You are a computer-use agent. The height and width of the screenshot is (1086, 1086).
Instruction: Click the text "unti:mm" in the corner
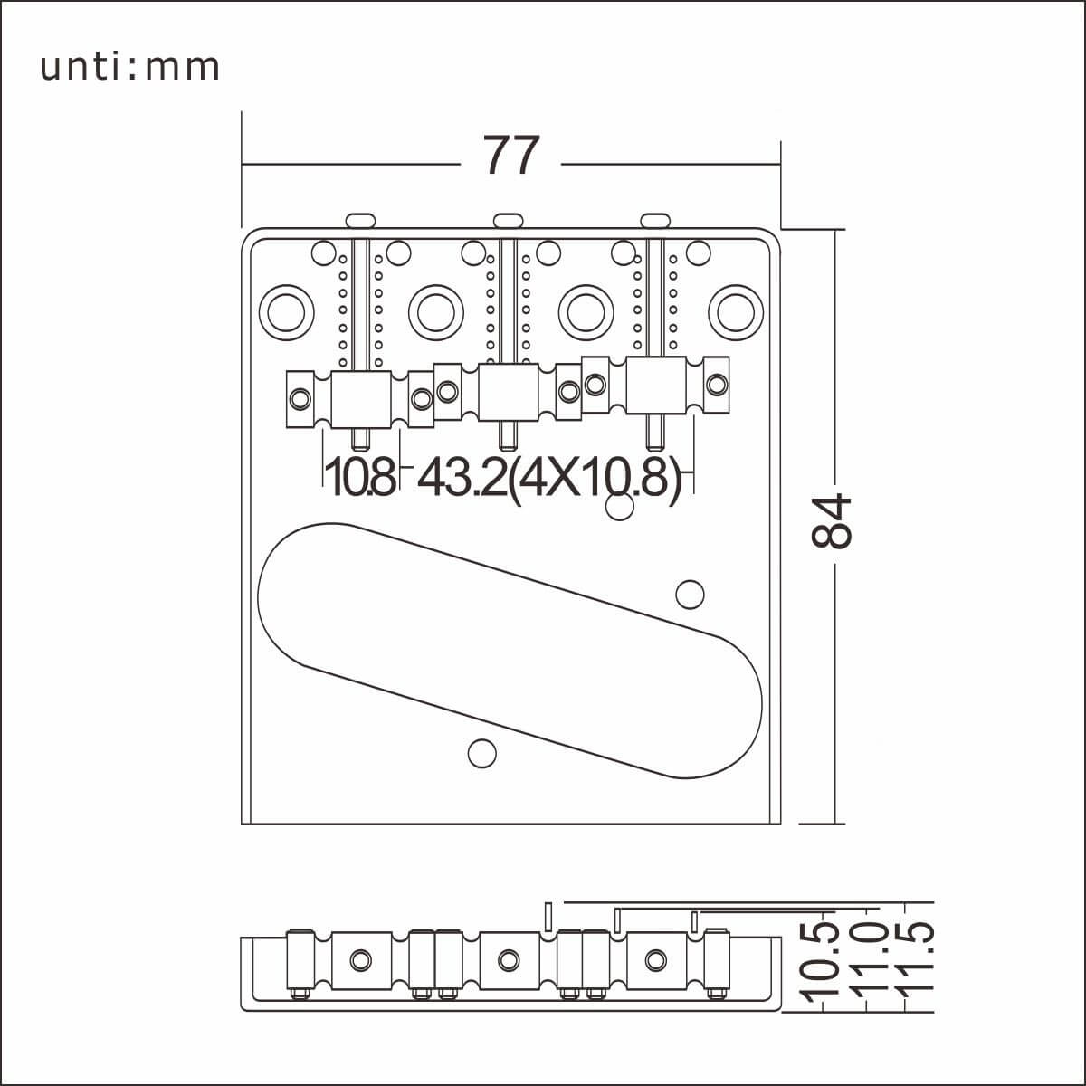coord(130,67)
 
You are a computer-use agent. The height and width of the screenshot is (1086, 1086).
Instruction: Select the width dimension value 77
coord(511,156)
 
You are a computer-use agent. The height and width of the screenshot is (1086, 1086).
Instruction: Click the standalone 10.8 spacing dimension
coord(359,478)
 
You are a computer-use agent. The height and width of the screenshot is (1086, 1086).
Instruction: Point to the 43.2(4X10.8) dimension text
coord(549,478)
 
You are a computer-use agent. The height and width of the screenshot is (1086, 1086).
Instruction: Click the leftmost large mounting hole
coord(287,310)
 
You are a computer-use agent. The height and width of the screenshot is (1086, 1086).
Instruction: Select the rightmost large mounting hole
coord(736,310)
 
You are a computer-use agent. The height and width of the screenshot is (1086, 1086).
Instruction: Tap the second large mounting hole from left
coord(436,310)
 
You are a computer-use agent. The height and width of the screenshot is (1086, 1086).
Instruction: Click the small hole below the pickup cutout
coord(481,753)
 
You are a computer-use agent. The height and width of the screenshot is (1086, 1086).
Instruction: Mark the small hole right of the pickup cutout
coord(691,593)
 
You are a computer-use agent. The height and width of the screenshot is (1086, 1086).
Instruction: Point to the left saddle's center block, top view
coord(361,398)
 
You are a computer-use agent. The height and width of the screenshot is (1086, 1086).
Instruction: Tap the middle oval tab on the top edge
coord(508,219)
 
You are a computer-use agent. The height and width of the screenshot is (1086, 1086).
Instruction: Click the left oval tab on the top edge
coord(360,219)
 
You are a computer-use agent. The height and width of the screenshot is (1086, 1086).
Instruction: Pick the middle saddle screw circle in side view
coord(509,958)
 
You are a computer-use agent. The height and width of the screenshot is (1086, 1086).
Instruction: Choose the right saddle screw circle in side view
coord(655,958)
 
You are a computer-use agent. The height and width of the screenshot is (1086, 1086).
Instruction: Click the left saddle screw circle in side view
coord(361,958)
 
